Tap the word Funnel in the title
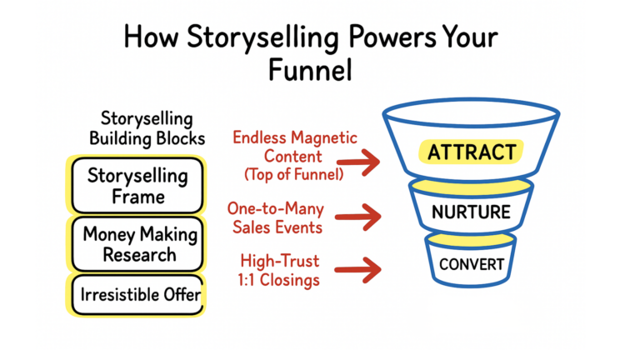click(x=310, y=69)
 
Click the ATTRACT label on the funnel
click(x=472, y=152)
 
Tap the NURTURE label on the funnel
click(x=471, y=212)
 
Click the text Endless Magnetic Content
click(x=294, y=145)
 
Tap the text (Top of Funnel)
click(x=295, y=174)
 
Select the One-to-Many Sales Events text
click(x=277, y=217)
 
